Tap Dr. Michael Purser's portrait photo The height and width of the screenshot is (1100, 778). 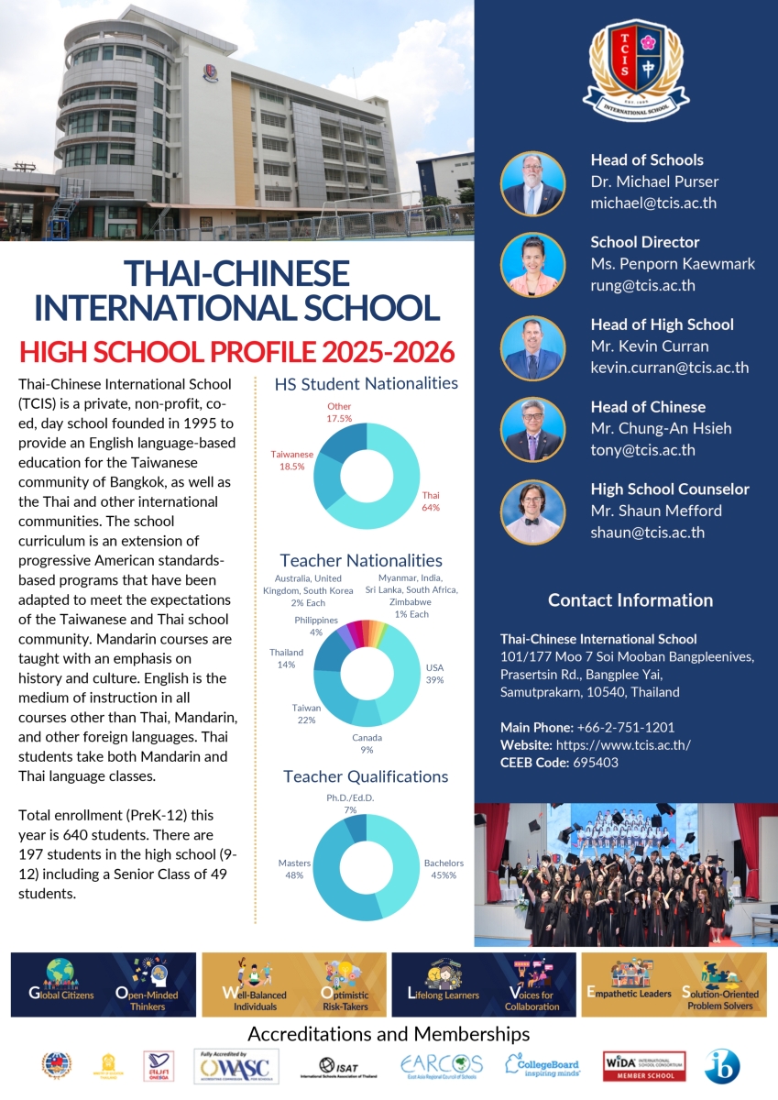click(533, 183)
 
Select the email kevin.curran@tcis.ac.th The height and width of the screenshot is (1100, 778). click(670, 368)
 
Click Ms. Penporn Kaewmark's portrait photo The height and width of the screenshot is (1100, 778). click(533, 266)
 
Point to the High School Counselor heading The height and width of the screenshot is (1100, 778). click(670, 489)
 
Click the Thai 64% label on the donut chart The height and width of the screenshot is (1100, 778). click(430, 500)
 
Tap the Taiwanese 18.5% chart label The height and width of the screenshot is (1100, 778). click(291, 460)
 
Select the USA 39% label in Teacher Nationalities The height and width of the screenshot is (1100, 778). click(434, 674)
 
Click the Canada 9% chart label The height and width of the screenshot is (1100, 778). click(367, 743)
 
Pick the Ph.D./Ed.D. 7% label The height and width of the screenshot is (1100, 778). click(350, 804)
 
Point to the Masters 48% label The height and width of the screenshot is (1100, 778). click(294, 869)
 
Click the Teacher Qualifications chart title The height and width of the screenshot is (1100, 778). click(366, 777)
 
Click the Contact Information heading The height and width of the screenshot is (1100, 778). click(630, 600)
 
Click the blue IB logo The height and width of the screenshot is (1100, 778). click(722, 1066)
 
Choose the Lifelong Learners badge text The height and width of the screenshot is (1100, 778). click(443, 995)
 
